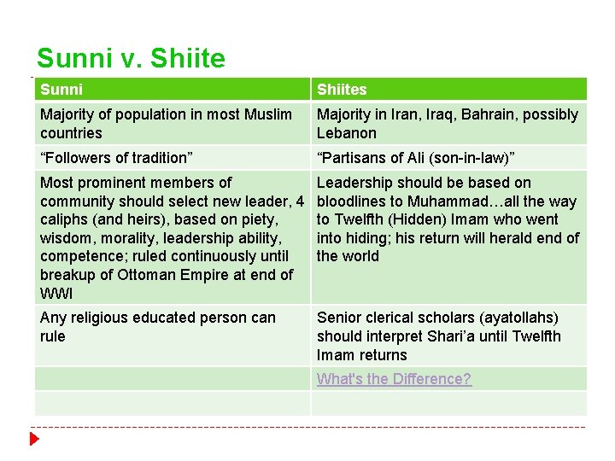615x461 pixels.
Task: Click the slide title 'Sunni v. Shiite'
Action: [131, 58]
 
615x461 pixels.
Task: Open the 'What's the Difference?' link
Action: [394, 379]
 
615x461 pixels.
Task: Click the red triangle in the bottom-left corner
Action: [34, 439]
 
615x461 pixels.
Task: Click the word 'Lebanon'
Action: [346, 133]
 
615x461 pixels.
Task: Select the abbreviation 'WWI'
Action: [56, 294]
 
